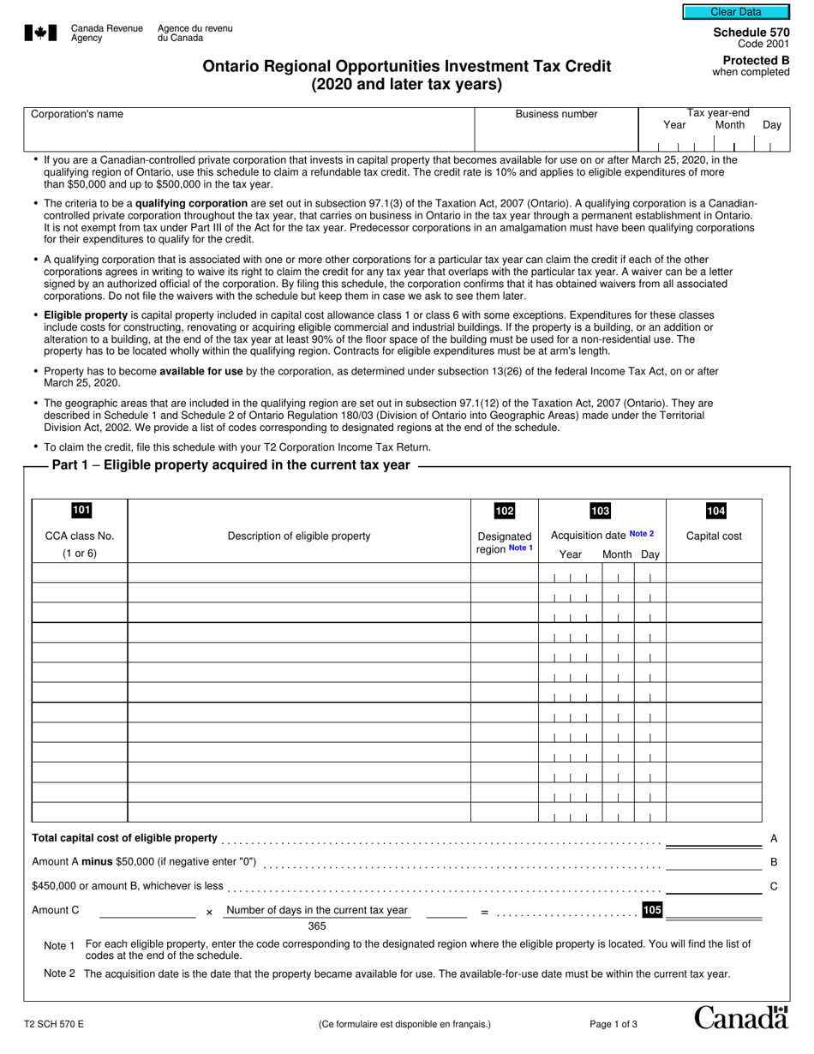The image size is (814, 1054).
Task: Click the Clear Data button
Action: [736, 12]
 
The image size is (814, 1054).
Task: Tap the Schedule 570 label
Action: [751, 33]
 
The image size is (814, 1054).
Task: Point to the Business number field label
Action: [556, 114]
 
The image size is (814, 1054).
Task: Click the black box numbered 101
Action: [81, 511]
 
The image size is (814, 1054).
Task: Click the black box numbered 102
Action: [505, 512]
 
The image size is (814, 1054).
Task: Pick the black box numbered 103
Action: [601, 512]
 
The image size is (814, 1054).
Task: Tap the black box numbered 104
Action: [715, 512]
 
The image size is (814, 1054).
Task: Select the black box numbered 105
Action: [652, 910]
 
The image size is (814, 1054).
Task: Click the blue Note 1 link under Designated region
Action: [521, 548]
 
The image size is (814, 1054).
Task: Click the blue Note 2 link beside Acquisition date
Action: [642, 534]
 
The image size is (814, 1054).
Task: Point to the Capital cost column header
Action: [715, 536]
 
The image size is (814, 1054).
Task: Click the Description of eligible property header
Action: [299, 536]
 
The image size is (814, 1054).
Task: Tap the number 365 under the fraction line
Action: [317, 926]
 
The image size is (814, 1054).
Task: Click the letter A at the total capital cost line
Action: [774, 838]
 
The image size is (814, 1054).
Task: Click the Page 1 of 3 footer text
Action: [613, 1024]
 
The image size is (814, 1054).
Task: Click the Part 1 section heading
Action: [231, 465]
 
